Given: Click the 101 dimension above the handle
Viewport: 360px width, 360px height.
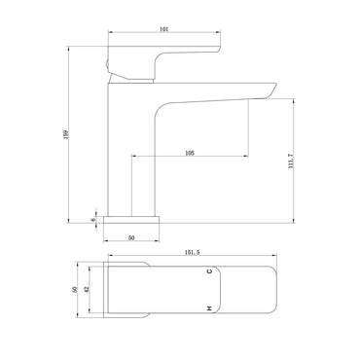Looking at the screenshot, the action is click(x=164, y=29).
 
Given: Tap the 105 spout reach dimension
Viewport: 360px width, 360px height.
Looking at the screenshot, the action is click(x=190, y=153).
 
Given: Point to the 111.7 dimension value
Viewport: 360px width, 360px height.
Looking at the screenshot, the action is click(x=290, y=161).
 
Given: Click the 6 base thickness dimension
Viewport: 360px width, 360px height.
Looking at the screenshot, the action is click(x=93, y=220).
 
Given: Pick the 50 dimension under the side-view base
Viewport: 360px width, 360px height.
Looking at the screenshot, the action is click(x=131, y=238).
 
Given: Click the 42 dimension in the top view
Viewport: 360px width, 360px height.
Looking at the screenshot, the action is click(x=86, y=289).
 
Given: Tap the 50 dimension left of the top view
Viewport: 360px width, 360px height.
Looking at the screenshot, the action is click(x=75, y=289).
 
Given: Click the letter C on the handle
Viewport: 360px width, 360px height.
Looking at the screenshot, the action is click(x=210, y=271).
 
